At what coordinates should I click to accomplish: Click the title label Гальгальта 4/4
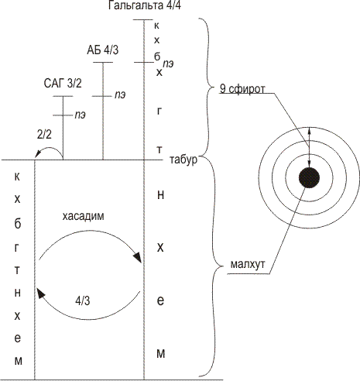(144, 5)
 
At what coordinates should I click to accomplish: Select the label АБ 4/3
(103, 50)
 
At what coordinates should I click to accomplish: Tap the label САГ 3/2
(63, 83)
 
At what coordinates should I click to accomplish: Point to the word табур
(183, 160)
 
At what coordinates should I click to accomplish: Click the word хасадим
(83, 216)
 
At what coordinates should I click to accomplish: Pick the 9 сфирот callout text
(242, 89)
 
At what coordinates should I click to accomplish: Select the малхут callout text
(248, 264)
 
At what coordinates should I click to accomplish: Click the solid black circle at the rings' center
(309, 177)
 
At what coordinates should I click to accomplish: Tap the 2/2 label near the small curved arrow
(44, 134)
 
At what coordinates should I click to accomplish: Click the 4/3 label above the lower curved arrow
(83, 300)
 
